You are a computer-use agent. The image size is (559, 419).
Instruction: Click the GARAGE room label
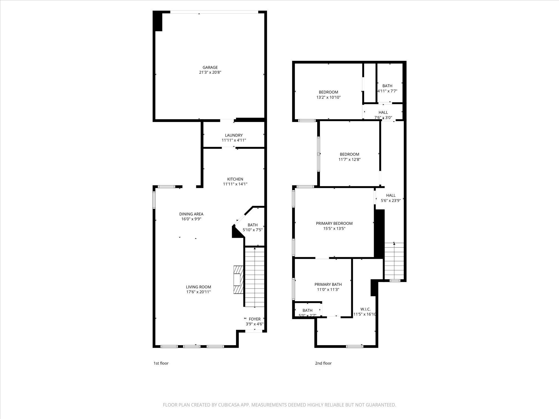click(210, 67)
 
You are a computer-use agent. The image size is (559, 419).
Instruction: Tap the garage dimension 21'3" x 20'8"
click(210, 73)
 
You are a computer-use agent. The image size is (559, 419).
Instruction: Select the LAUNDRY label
click(234, 135)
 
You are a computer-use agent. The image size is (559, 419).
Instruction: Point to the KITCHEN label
click(235, 179)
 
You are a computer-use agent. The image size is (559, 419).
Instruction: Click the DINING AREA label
click(191, 214)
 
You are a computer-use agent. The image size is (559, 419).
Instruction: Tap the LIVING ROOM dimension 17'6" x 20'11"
click(198, 292)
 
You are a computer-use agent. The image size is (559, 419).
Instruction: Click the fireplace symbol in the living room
click(238, 280)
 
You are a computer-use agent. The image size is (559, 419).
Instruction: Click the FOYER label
click(254, 319)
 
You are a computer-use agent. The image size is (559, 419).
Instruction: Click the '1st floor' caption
click(161, 363)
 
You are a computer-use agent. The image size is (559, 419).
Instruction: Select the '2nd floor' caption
click(323, 363)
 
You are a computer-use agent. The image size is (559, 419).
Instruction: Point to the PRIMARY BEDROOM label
click(334, 223)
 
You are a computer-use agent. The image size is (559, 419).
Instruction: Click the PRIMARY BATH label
click(328, 285)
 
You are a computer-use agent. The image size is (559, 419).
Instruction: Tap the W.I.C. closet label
click(365, 309)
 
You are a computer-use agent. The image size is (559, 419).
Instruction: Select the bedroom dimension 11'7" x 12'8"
click(349, 160)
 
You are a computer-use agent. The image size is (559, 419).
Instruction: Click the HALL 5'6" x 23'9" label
click(391, 195)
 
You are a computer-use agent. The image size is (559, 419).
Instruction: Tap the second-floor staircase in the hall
click(394, 261)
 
